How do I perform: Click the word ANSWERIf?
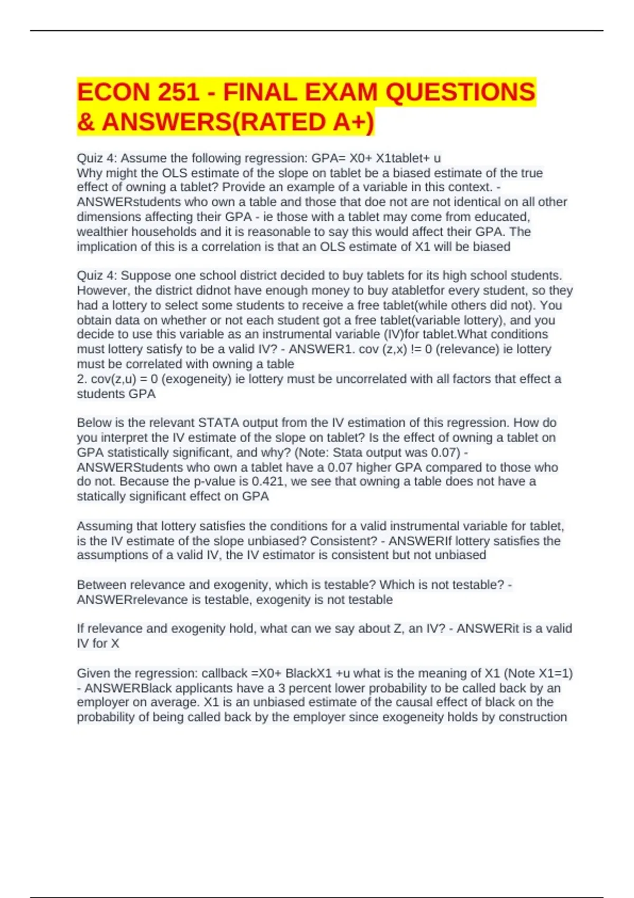419,541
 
